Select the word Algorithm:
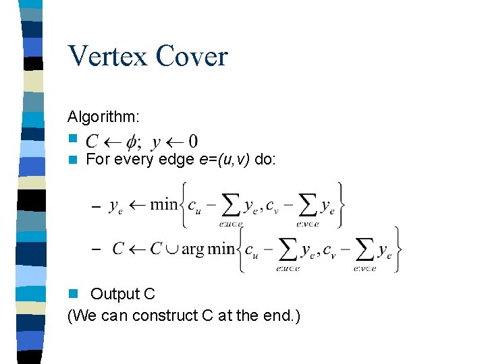[104, 117]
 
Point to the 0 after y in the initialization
[193, 142]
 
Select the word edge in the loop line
[178, 160]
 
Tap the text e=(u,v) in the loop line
[226, 160]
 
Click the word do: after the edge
[265, 160]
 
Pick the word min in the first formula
[163, 204]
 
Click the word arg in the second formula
[192, 249]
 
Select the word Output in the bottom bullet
[113, 294]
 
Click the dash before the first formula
[95, 206]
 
